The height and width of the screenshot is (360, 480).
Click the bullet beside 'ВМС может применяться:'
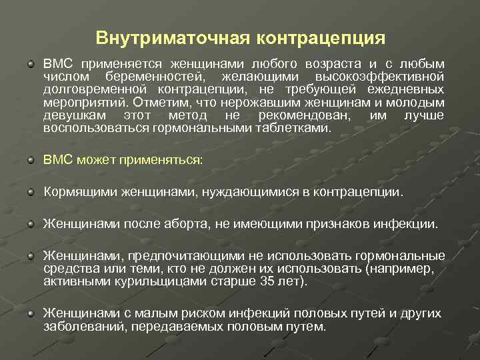coord(31,160)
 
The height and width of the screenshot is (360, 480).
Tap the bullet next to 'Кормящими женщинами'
coord(31,192)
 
